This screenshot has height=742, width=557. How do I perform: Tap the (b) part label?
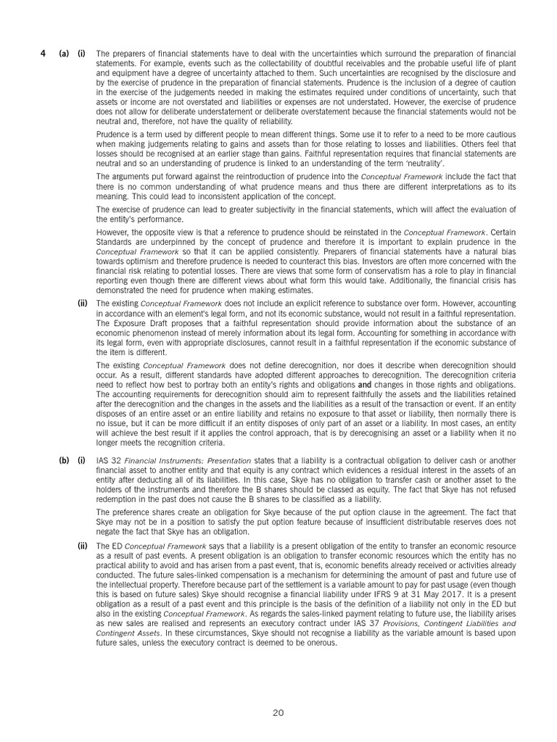click(x=64, y=459)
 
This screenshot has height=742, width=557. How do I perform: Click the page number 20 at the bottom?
click(x=278, y=713)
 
